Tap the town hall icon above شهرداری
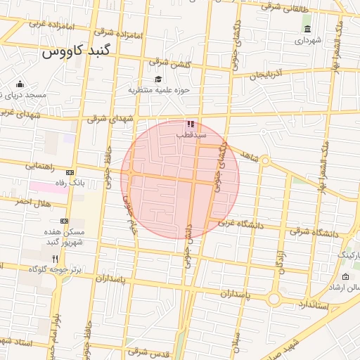(307, 29)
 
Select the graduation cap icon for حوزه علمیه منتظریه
(158, 79)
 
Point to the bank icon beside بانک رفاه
(70, 172)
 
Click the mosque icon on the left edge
(20, 84)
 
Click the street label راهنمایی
(41, 167)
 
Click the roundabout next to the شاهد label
(265, 162)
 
